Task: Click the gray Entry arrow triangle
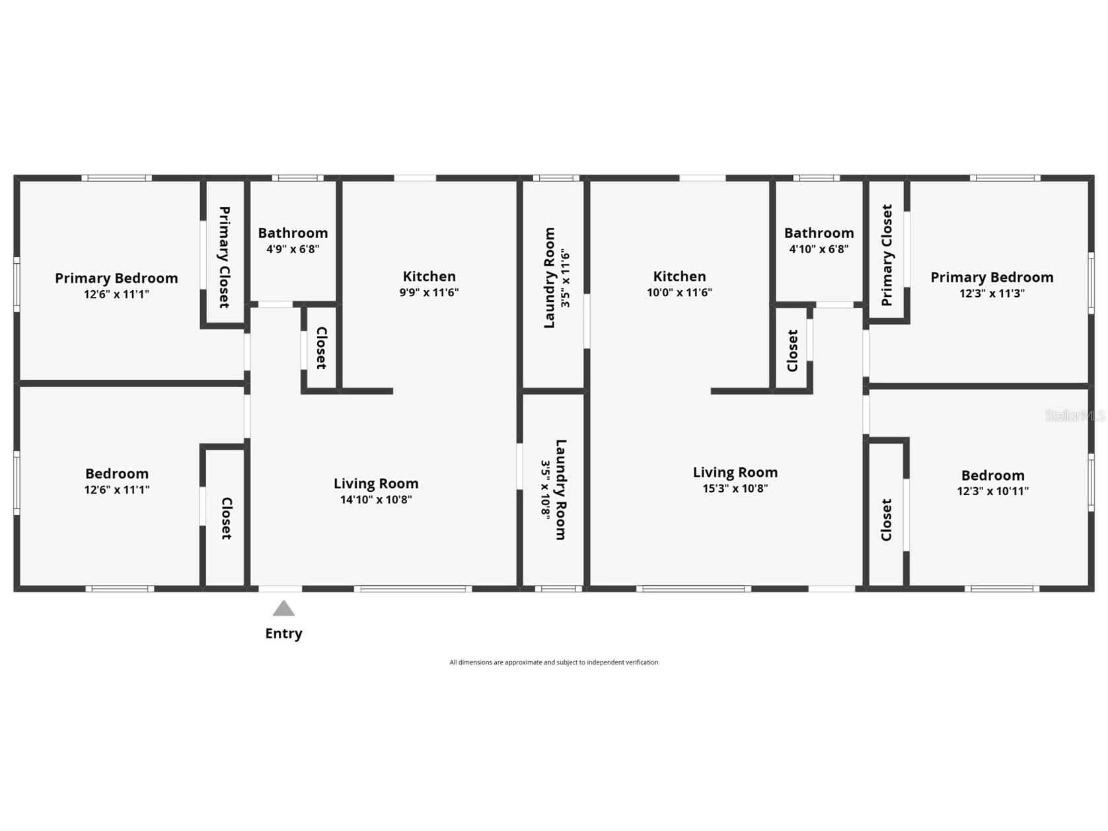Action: click(x=283, y=609)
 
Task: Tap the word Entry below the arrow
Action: click(x=283, y=633)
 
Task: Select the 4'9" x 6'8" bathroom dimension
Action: click(x=293, y=249)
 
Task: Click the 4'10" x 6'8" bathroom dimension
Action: click(x=819, y=249)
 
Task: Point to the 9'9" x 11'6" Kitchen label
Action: click(x=429, y=284)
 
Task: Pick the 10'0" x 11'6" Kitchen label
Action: click(x=679, y=284)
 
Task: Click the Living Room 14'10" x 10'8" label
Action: click(x=376, y=491)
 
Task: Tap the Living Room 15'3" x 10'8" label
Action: click(x=735, y=480)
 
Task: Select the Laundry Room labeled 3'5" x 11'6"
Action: click(x=556, y=278)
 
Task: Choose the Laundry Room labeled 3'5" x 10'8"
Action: click(x=554, y=490)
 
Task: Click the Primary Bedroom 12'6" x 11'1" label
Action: click(x=116, y=286)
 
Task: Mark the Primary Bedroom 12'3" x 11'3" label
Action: click(x=992, y=285)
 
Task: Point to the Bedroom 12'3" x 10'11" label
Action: click(x=992, y=483)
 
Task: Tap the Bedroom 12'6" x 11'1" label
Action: click(x=116, y=481)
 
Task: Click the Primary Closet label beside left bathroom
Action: click(x=225, y=257)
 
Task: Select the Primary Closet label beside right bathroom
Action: click(x=887, y=255)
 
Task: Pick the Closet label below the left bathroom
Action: click(x=321, y=348)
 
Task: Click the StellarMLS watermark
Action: click(x=1074, y=416)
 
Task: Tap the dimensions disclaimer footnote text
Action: click(x=554, y=662)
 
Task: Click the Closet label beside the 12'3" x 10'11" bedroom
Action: click(x=887, y=520)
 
